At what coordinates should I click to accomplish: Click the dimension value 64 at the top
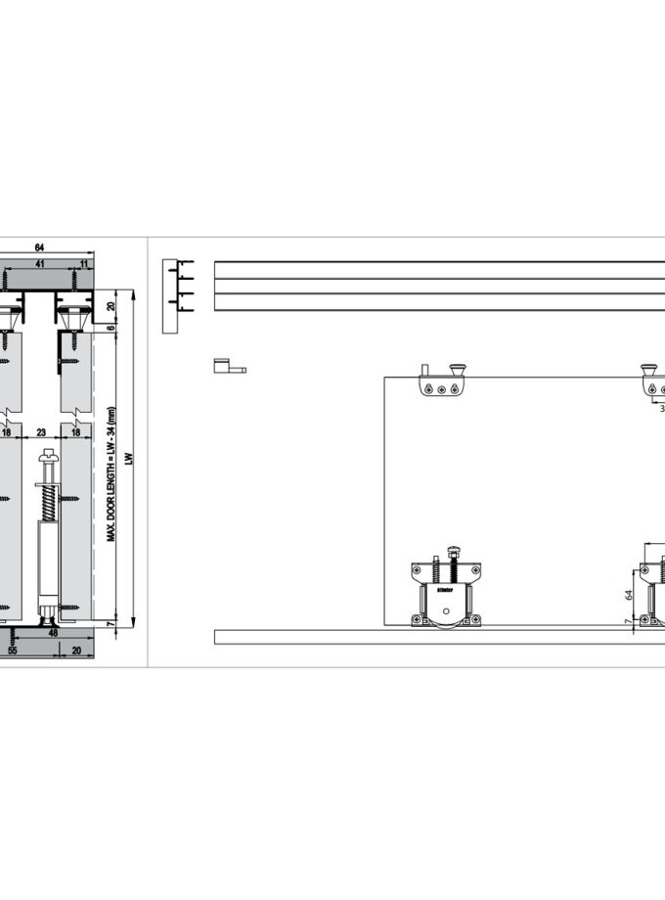(x=39, y=247)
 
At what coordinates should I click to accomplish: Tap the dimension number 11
(x=84, y=264)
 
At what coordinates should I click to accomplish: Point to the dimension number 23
(x=41, y=430)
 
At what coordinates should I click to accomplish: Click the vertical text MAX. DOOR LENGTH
(x=111, y=473)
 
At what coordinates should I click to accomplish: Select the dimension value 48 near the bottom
(x=52, y=633)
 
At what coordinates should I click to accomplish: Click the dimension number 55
(x=13, y=649)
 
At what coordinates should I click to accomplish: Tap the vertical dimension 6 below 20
(x=111, y=328)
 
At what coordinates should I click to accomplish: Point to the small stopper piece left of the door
(x=226, y=367)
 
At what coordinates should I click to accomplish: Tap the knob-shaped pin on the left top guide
(x=456, y=369)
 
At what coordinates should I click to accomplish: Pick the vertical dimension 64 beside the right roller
(x=629, y=593)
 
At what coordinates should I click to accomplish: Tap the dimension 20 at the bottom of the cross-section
(x=76, y=649)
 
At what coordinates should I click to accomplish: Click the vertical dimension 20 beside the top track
(x=111, y=306)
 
